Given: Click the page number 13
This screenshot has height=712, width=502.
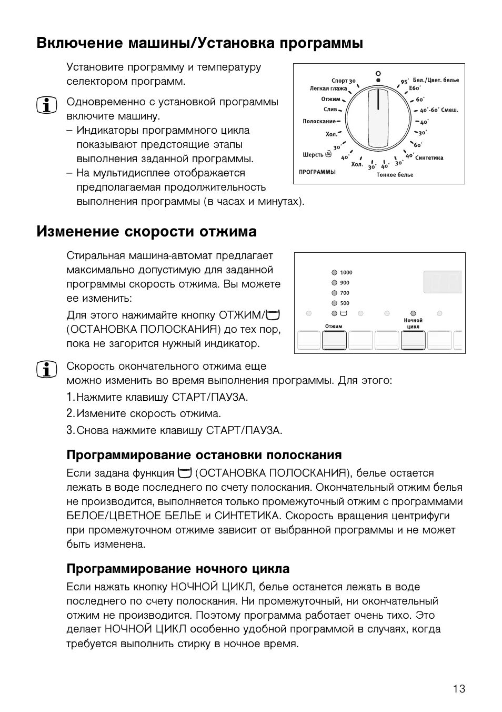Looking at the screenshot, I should [459, 689].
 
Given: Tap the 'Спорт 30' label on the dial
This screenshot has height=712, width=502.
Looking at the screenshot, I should [343, 81].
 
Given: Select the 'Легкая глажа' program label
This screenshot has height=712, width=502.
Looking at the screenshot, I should [328, 89].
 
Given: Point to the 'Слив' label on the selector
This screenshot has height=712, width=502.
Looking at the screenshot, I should [330, 110].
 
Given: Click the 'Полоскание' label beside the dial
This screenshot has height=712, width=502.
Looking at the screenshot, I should [319, 122].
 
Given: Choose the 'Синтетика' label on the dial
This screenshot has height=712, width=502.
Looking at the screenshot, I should [429, 158].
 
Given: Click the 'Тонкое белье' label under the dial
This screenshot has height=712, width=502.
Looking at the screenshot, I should [395, 175].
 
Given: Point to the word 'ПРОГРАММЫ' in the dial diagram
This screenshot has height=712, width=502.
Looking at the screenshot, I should [317, 172].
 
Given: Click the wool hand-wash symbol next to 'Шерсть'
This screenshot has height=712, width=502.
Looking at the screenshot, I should [329, 154].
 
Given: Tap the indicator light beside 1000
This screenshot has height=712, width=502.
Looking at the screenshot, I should [334, 273].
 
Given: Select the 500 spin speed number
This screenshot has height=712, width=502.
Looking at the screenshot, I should [345, 303].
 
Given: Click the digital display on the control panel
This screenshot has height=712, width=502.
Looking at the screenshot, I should [443, 282].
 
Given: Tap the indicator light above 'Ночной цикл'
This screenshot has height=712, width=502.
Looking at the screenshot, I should [413, 313].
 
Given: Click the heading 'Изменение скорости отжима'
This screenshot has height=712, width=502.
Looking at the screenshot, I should [147, 232].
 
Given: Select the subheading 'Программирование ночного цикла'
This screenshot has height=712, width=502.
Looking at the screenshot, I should [178, 569].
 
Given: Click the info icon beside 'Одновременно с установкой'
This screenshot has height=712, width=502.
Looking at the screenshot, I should [47, 106].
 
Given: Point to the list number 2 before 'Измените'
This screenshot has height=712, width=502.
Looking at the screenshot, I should [70, 413].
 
